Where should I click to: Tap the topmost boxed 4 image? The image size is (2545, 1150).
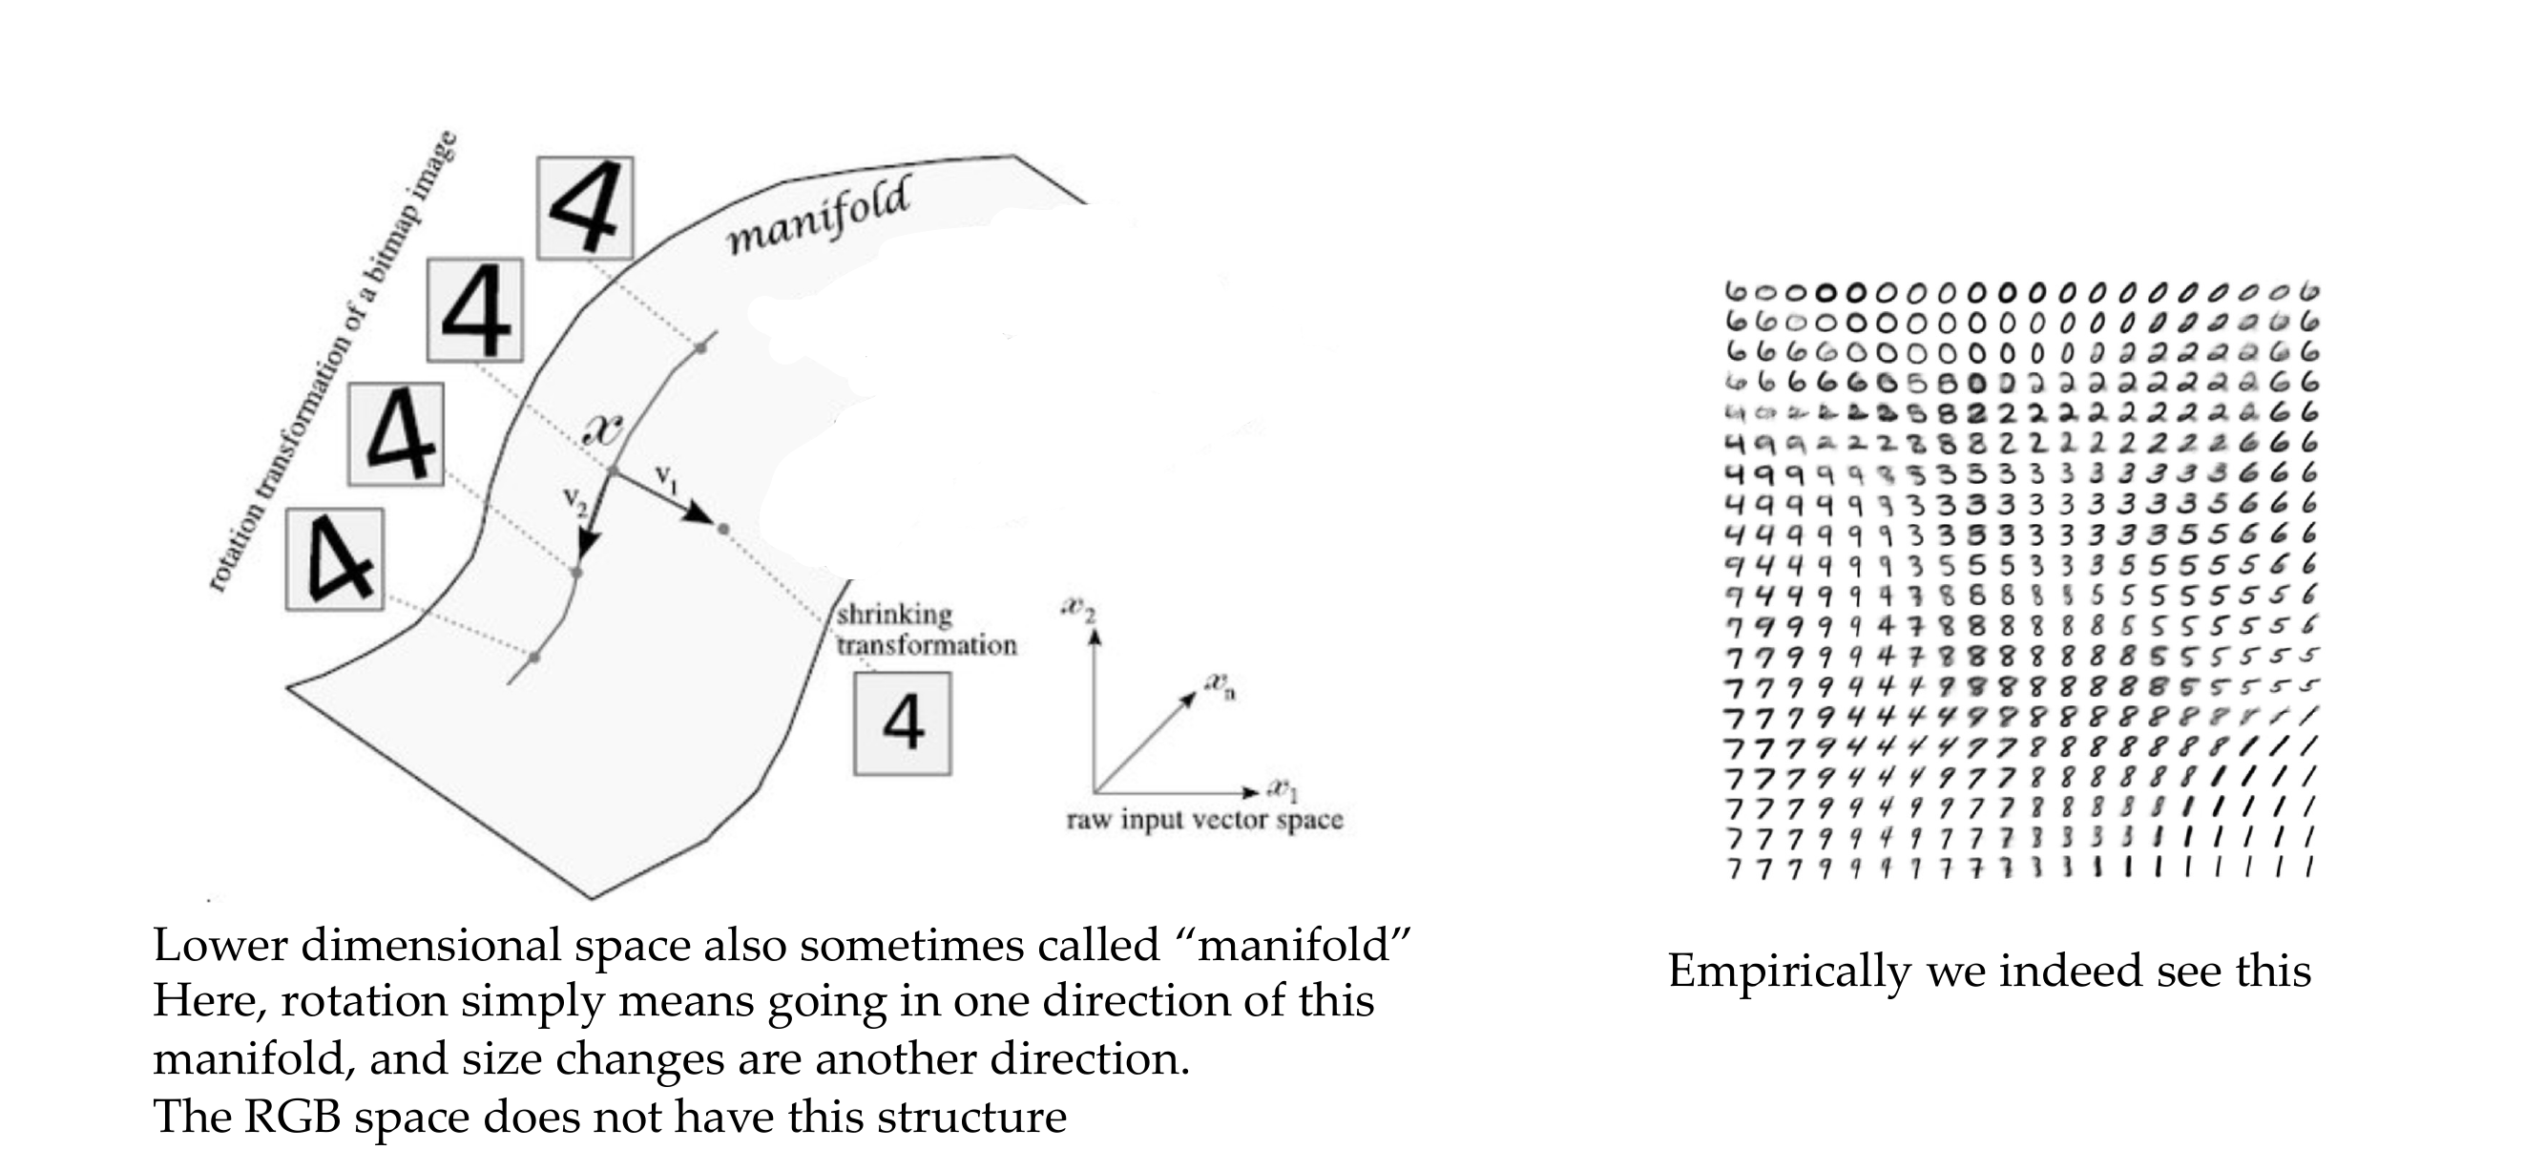pos(585,207)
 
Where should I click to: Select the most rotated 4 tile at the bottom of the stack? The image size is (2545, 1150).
pos(335,559)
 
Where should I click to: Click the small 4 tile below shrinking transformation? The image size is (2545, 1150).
pos(902,723)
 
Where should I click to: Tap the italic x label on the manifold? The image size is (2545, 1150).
pos(603,429)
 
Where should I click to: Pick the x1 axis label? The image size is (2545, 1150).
pos(1284,791)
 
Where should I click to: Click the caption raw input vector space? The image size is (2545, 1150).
pos(1204,820)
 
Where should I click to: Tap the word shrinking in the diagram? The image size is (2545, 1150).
pos(895,615)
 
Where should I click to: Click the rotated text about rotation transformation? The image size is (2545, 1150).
pos(334,362)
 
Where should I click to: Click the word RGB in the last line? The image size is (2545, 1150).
pos(291,1117)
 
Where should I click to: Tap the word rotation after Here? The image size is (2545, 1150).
pos(364,1002)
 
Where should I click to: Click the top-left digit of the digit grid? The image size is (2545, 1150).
pos(1736,292)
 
